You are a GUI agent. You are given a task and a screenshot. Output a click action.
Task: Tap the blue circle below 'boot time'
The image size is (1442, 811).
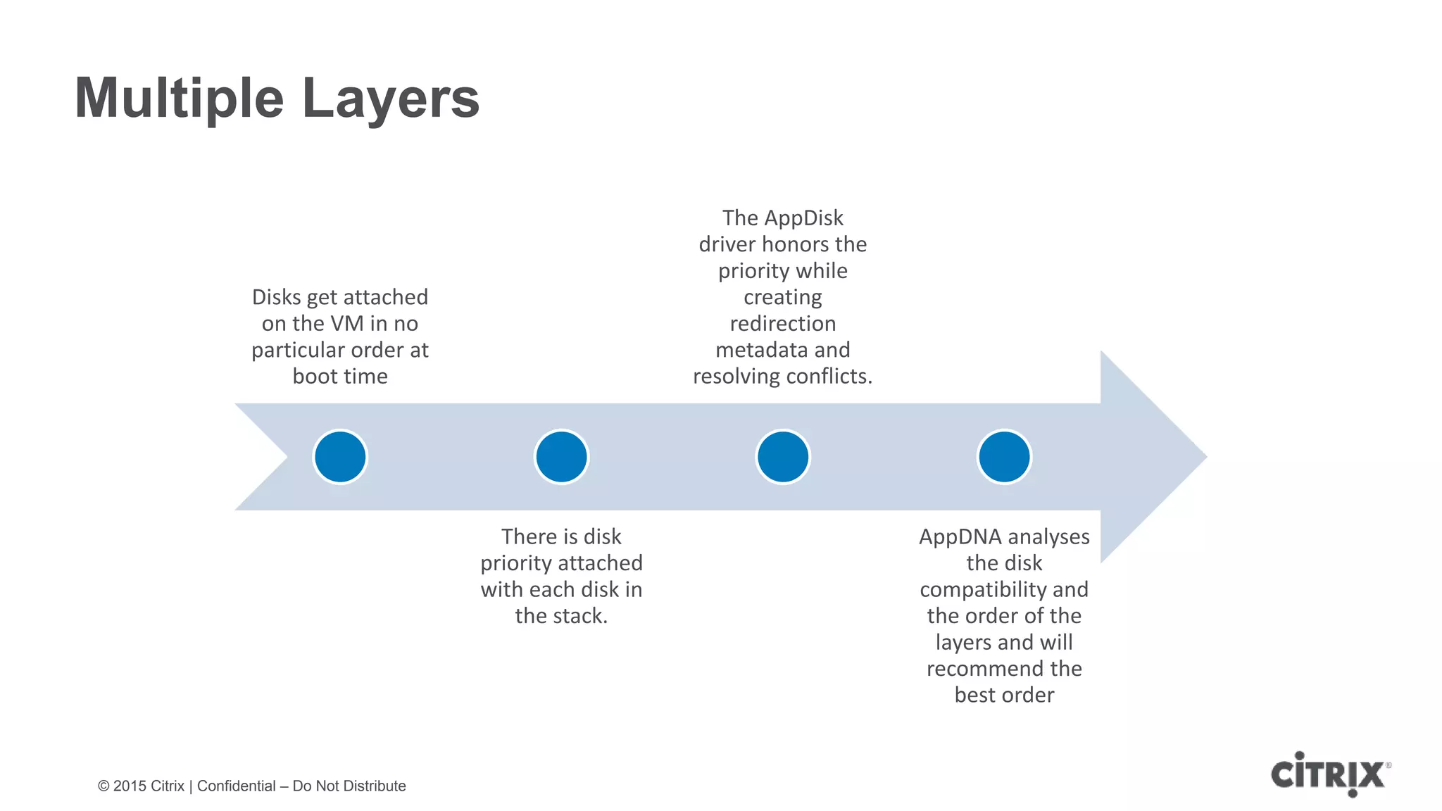340,457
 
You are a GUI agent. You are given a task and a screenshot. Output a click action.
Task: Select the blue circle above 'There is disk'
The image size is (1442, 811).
561,457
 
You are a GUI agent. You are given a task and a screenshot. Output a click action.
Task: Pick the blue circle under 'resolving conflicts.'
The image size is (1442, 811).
782,457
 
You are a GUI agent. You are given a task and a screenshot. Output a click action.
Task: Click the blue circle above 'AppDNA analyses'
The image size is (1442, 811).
1004,457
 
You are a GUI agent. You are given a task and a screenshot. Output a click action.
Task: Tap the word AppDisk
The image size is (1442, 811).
803,218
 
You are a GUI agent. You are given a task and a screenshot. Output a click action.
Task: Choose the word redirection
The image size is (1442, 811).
782,324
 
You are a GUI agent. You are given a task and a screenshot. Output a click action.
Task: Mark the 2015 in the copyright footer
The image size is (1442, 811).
130,786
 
